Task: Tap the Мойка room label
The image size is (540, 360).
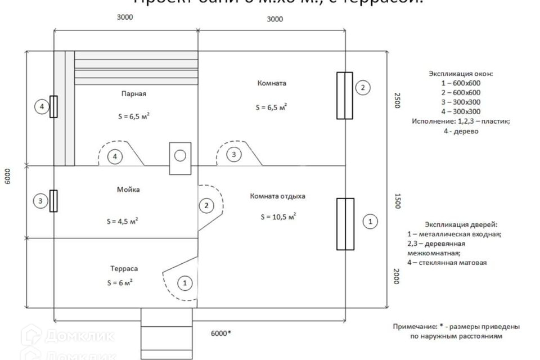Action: tap(130, 190)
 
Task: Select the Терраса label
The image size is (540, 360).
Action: tap(124, 269)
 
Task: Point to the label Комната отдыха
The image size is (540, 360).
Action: tap(278, 196)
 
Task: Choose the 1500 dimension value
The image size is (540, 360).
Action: tap(396, 202)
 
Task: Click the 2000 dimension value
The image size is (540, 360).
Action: tap(396, 276)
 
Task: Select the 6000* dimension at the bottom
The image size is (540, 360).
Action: tap(221, 333)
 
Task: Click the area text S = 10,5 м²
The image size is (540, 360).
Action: tap(278, 217)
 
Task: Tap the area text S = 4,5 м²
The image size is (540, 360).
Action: tap(123, 221)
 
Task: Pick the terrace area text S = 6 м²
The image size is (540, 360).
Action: tap(119, 282)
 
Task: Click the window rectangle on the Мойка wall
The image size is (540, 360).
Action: tap(53, 201)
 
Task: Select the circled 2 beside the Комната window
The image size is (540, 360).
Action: tap(363, 87)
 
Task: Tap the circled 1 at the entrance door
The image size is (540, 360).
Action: tap(184, 283)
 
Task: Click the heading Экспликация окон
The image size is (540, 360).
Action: tap(461, 74)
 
